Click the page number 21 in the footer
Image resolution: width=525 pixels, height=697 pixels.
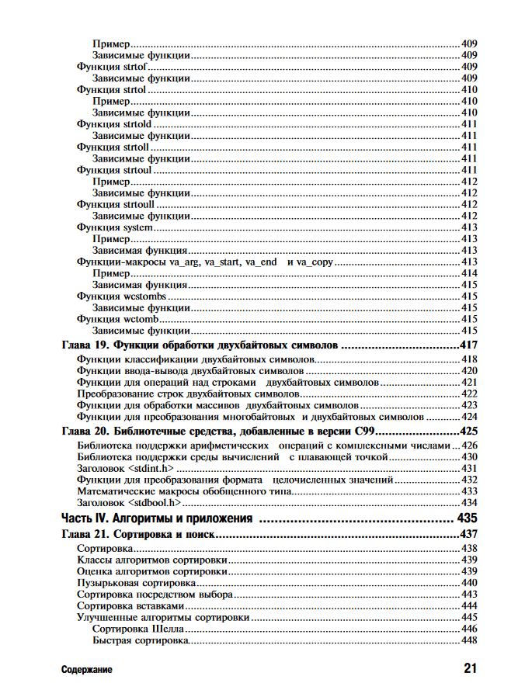[470, 668]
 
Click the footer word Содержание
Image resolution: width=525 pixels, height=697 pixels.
[87, 669]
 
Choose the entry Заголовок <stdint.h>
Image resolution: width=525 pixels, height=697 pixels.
[125, 469]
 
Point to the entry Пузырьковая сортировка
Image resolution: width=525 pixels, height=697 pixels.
[136, 582]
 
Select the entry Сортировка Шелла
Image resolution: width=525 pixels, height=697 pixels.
[138, 628]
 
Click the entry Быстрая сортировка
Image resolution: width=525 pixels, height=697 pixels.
[141, 640]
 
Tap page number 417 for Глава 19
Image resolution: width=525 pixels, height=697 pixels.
[468, 345]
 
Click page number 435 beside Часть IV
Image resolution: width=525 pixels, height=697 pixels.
[468, 518]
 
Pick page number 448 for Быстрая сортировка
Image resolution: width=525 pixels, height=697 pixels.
[469, 640]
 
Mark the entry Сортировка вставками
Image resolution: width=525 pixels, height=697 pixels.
[130, 605]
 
